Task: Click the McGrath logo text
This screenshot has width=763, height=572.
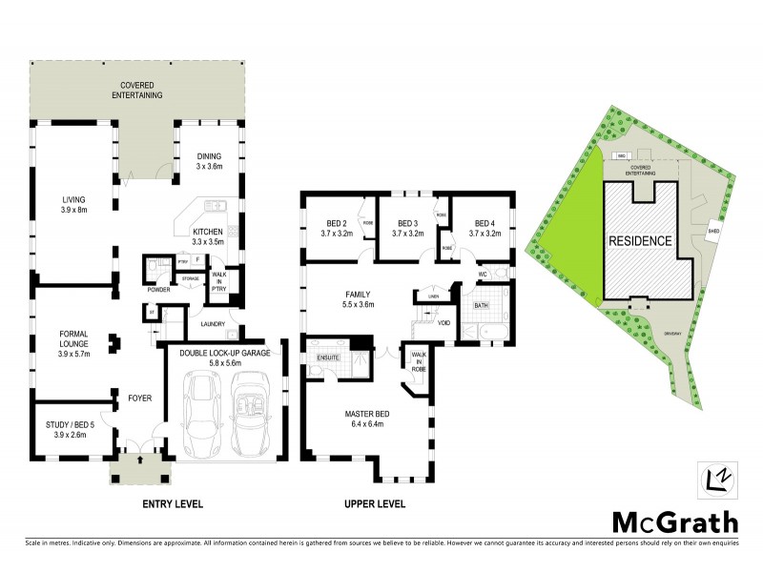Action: tap(674, 521)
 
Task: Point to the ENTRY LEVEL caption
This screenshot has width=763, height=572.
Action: tap(173, 503)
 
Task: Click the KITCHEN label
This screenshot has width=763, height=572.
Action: tap(207, 232)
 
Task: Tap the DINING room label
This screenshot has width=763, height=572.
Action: tap(208, 157)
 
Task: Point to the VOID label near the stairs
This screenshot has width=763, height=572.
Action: tap(443, 322)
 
